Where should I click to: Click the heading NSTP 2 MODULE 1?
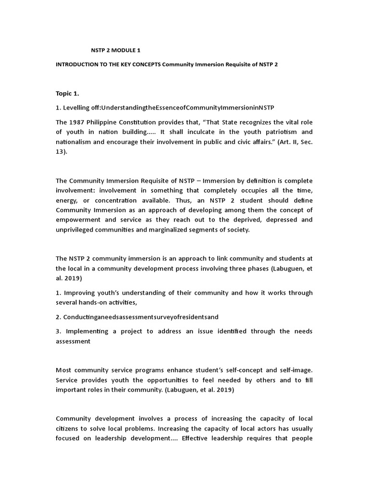116,50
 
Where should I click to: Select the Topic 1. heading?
70,93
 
